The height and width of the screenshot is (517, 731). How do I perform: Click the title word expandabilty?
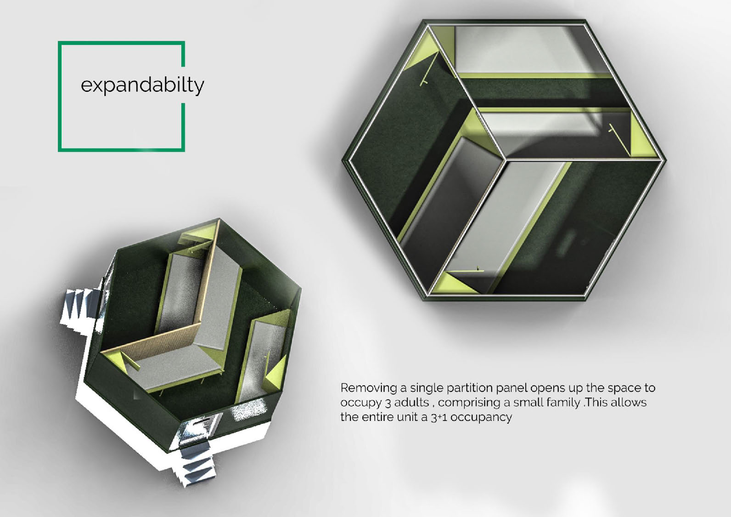(x=142, y=85)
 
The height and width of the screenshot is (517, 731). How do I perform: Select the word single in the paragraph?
(x=426, y=388)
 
